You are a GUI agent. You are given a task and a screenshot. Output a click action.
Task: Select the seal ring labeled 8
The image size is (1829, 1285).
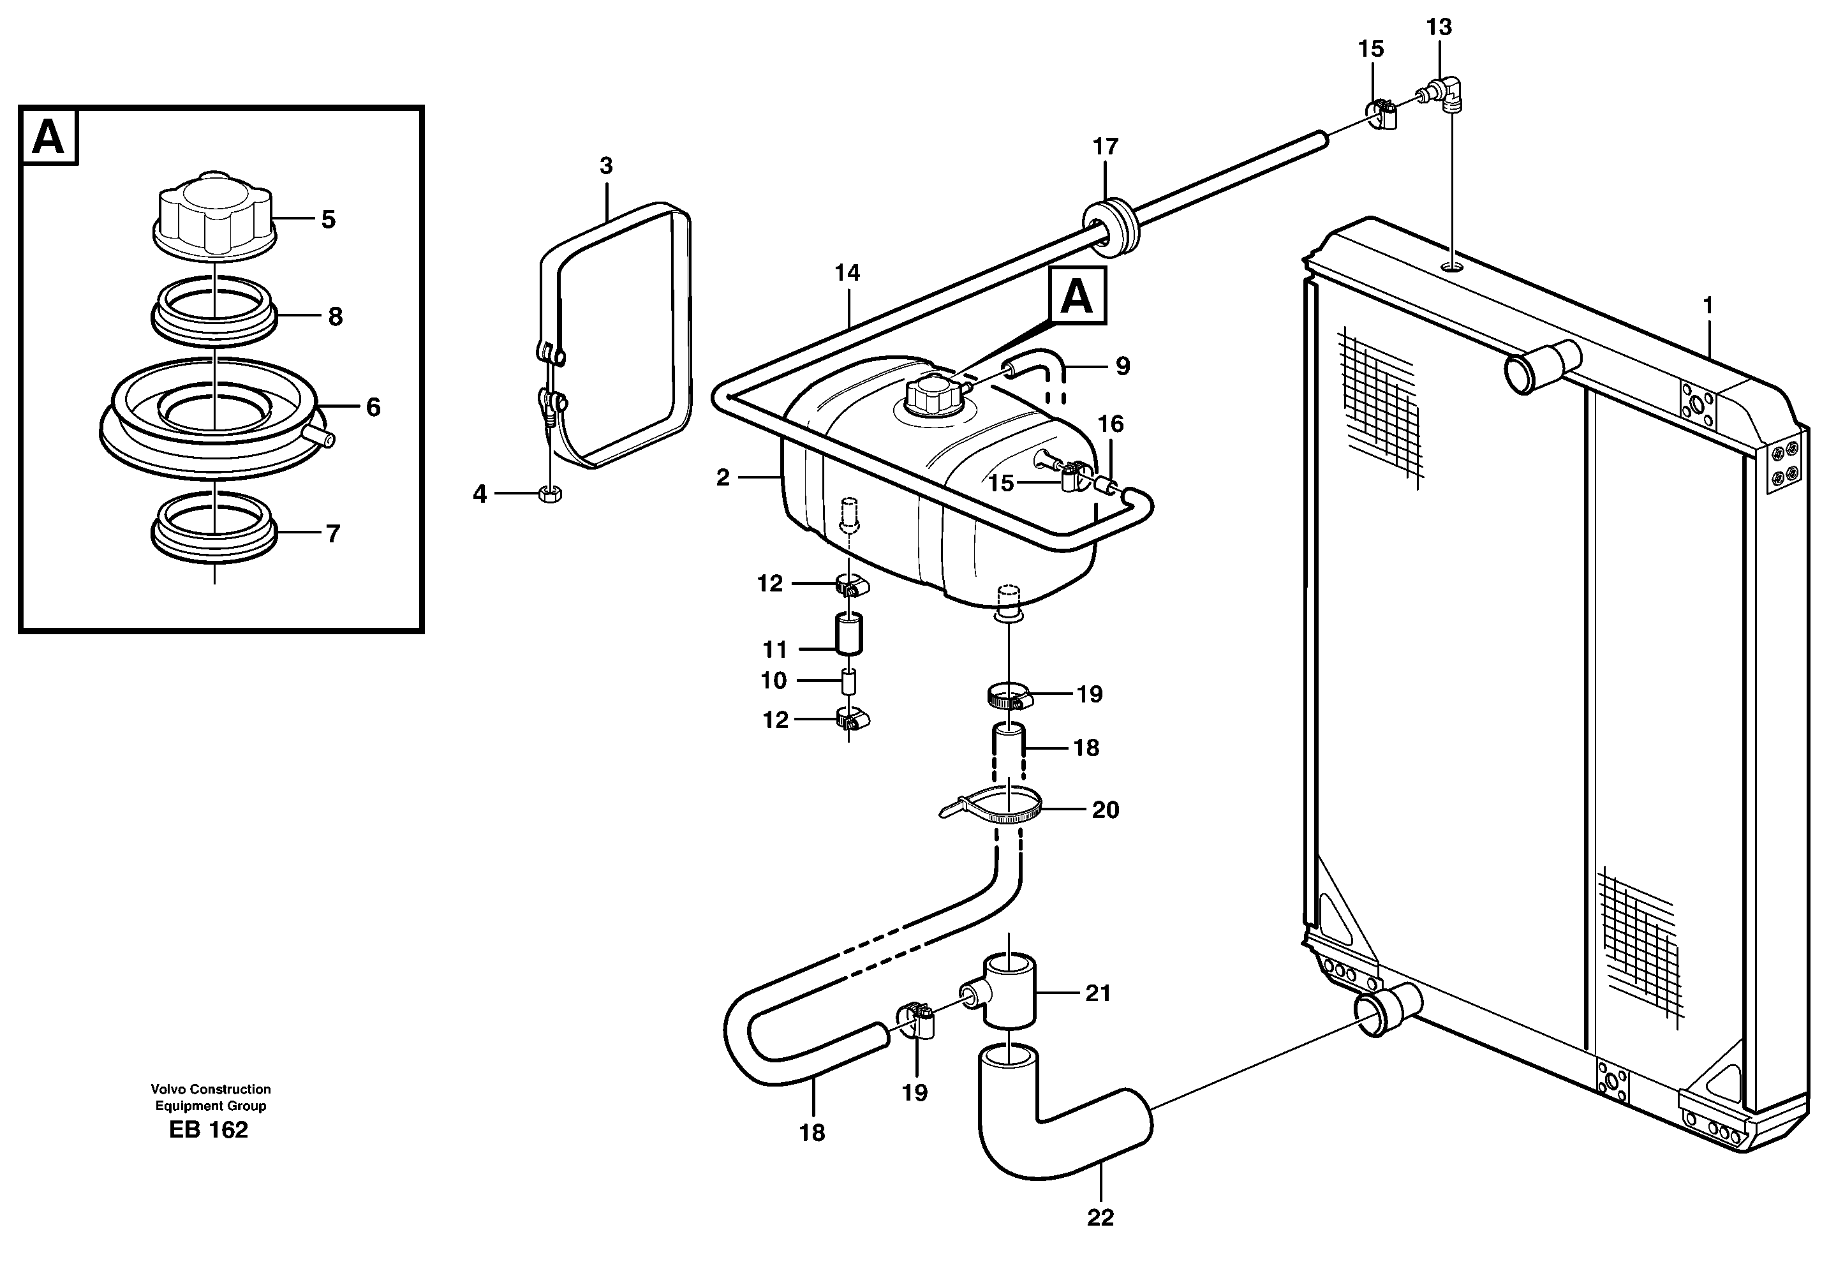coord(214,311)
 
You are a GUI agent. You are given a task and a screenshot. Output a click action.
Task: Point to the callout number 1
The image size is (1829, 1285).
coord(1707,305)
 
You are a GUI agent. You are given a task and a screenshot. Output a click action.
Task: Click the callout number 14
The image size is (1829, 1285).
coord(847,273)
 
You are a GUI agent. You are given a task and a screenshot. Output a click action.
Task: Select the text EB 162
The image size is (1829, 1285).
coord(209,1131)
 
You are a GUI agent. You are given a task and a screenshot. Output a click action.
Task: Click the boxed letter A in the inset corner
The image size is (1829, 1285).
coord(48,137)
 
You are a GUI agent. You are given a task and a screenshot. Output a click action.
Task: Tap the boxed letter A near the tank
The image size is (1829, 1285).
coord(1077,296)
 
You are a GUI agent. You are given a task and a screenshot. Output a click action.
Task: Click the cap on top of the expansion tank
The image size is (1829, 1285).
coord(927,394)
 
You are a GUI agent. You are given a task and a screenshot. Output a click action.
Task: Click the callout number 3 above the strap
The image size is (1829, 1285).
coord(606,166)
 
